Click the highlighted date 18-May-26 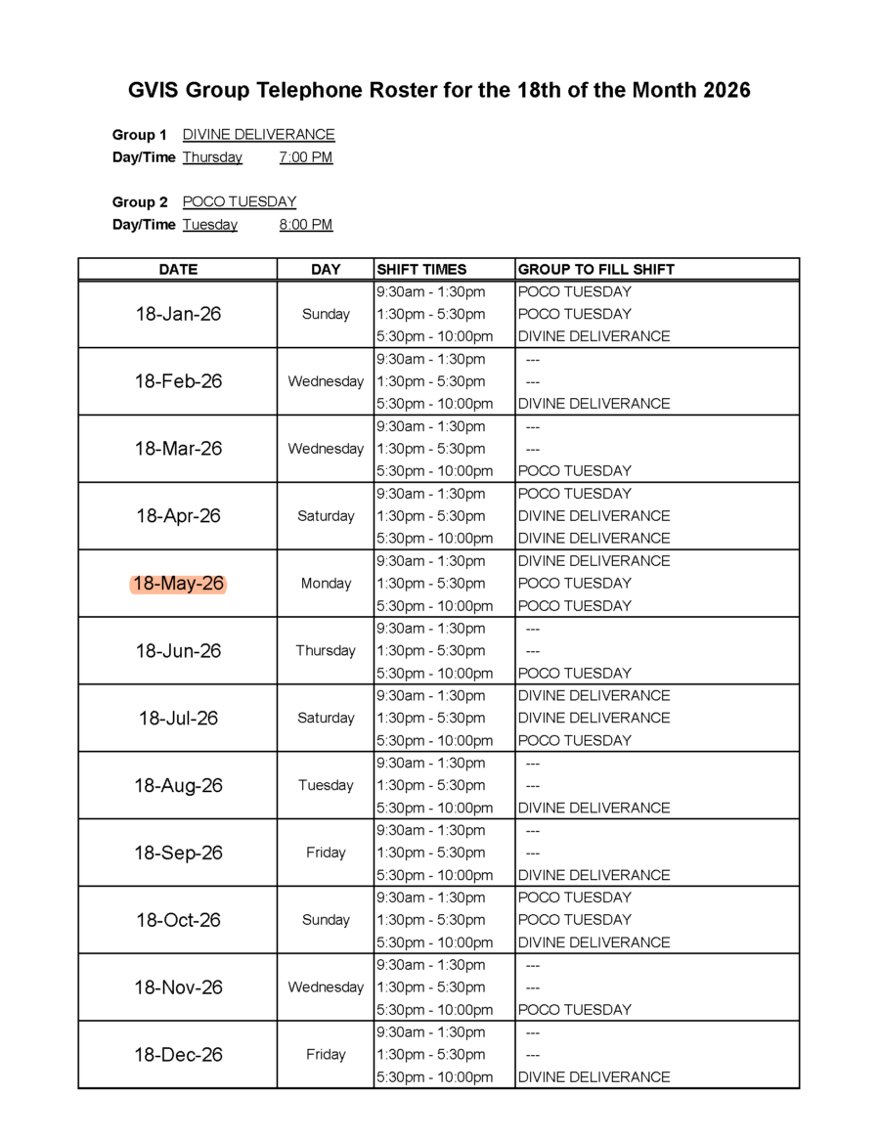point(178,584)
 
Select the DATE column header point(178,269)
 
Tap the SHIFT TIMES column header point(421,269)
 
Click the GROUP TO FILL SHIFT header point(595,269)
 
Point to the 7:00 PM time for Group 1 point(305,157)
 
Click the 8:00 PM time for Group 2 point(305,225)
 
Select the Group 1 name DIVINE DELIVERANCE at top point(258,135)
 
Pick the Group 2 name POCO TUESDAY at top point(239,202)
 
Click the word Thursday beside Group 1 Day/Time point(212,157)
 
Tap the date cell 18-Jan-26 point(178,314)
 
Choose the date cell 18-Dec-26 point(178,1055)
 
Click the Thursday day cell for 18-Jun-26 point(326,651)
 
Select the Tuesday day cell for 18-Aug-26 point(326,785)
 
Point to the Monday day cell point(326,584)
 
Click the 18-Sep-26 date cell point(178,853)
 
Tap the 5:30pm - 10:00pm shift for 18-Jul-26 point(434,740)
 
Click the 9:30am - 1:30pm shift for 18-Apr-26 point(430,494)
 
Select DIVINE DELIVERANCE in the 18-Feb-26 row point(594,404)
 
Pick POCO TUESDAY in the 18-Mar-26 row point(574,471)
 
